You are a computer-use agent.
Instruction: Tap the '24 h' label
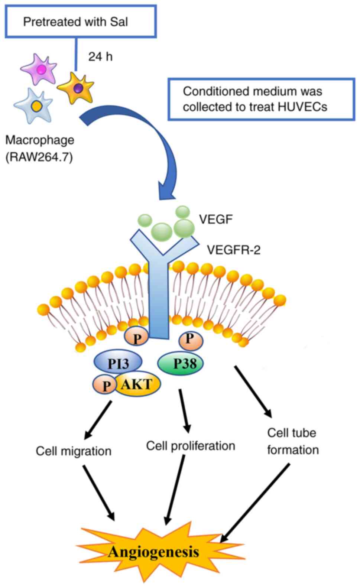(100, 56)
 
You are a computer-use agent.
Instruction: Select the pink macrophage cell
(39, 69)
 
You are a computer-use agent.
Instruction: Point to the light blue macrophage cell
(34, 105)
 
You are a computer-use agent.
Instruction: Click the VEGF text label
(216, 219)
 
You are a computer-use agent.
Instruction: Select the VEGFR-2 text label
(233, 250)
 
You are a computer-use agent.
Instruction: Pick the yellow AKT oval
(138, 384)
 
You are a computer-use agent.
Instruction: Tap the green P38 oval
(182, 363)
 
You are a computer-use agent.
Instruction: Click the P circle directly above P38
(191, 339)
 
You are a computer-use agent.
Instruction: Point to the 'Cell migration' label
(74, 451)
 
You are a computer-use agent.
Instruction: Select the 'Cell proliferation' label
(191, 445)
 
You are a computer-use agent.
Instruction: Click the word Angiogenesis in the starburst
(153, 552)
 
